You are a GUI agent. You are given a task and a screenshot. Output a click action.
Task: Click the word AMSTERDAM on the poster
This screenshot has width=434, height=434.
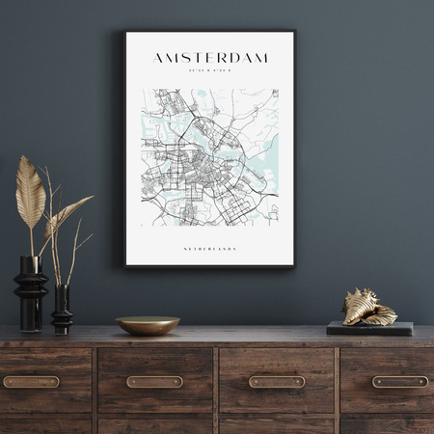209,58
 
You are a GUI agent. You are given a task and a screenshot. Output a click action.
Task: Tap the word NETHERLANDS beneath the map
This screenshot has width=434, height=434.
209,249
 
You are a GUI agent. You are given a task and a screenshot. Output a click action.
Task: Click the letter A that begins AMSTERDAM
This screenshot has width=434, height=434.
159,58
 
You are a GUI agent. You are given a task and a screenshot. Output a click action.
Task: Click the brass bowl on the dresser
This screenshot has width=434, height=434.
148,326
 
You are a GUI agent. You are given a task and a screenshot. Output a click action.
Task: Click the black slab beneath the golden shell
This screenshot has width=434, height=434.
369,329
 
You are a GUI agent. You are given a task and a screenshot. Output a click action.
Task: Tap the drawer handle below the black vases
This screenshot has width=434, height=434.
30,381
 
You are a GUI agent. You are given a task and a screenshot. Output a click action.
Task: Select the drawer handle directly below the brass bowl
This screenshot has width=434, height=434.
154,381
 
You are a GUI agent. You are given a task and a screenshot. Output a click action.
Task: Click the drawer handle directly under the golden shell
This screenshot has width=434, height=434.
400,381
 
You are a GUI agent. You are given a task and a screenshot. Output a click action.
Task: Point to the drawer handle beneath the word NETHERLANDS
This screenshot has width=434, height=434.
277,381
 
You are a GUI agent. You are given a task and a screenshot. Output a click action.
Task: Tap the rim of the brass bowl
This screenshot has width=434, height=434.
148,319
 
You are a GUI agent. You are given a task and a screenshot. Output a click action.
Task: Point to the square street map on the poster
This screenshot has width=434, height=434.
209,157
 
